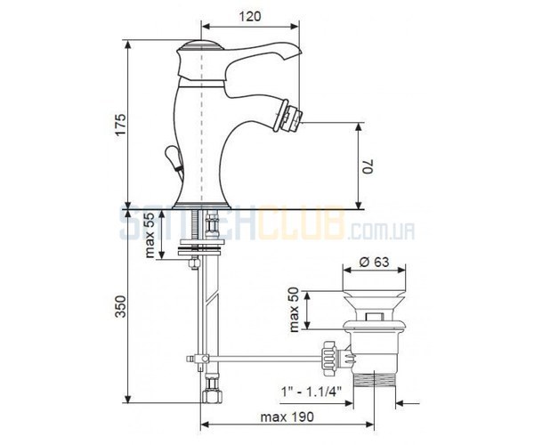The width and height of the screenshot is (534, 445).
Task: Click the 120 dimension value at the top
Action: (x=249, y=16)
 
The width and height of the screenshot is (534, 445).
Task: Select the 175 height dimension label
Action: (x=120, y=125)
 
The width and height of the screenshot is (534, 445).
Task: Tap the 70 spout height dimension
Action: (x=368, y=166)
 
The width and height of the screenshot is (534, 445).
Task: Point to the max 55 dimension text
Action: (x=150, y=236)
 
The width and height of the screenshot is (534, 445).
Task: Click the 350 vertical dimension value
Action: (x=120, y=307)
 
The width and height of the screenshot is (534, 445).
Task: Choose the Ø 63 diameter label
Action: (x=374, y=262)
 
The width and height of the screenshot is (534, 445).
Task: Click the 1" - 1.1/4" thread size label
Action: (x=311, y=392)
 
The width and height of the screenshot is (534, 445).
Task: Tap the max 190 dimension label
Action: (x=287, y=417)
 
